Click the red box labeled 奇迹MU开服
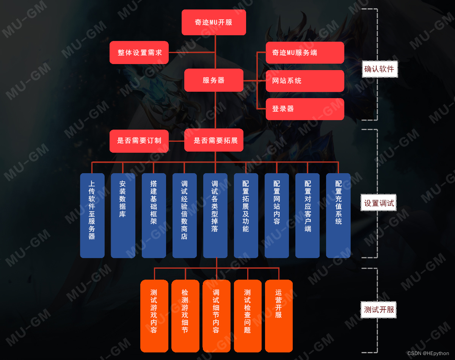(214, 22)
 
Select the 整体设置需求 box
(139, 53)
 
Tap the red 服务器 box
(214, 80)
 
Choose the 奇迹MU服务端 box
(305, 53)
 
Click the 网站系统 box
(305, 81)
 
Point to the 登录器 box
(305, 109)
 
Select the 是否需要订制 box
(139, 141)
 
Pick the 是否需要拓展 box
(214, 141)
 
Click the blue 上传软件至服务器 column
(92, 216)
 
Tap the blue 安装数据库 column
(123, 216)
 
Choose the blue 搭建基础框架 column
(154, 216)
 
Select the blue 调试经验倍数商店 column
(185, 216)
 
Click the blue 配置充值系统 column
(338, 216)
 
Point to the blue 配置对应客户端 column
(308, 216)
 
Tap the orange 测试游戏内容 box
(154, 316)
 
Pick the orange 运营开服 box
(279, 316)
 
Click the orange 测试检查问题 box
(248, 316)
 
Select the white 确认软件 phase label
(380, 69)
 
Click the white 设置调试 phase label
(379, 203)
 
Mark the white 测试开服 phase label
(379, 310)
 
